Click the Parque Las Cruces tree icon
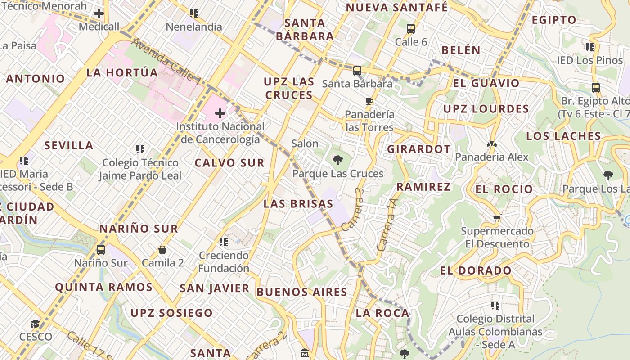tap(337, 160)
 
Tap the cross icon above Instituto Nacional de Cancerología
tap(220, 113)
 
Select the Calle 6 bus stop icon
tap(410, 29)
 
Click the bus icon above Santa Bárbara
tap(357, 71)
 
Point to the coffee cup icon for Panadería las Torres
tap(369, 101)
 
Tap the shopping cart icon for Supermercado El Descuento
tap(497, 218)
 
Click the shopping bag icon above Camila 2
tap(162, 249)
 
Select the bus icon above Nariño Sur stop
tap(101, 249)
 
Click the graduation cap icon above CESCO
tap(35, 324)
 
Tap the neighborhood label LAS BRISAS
tap(298, 204)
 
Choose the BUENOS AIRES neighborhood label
tap(302, 292)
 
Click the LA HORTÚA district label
tap(122, 72)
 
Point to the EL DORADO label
tap(476, 270)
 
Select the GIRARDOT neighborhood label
tap(419, 149)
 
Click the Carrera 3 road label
tap(353, 210)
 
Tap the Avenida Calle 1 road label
tap(167, 62)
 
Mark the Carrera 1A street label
tap(388, 225)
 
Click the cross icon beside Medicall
tap(99, 13)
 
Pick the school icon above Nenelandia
tap(194, 13)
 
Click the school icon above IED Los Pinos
tap(590, 47)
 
